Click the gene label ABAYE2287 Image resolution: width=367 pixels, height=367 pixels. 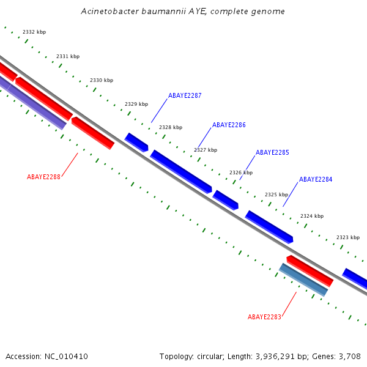coord(185,95)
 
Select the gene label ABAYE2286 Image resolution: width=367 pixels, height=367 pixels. coord(229,125)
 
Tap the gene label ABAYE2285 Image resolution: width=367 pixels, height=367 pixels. coord(272,152)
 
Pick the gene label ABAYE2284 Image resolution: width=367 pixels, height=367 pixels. coord(316,180)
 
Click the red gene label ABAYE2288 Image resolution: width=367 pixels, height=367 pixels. coord(43,177)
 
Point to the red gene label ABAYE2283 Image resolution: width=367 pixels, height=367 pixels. coord(264,317)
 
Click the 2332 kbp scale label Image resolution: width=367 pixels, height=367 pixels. coord(34,32)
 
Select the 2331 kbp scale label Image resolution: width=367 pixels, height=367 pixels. coord(68,56)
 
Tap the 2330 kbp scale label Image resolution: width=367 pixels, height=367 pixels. coord(102,80)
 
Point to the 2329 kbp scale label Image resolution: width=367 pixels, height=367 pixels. coord(136,104)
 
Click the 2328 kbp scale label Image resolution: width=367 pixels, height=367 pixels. coord(171,127)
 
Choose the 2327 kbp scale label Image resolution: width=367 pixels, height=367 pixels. coord(206,150)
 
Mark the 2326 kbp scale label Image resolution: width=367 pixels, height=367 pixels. coord(241,172)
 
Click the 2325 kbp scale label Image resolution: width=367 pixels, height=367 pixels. coord(276,195)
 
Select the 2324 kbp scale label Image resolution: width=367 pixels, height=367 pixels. coord(312,216)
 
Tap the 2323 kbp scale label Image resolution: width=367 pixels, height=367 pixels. coord(348,237)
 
